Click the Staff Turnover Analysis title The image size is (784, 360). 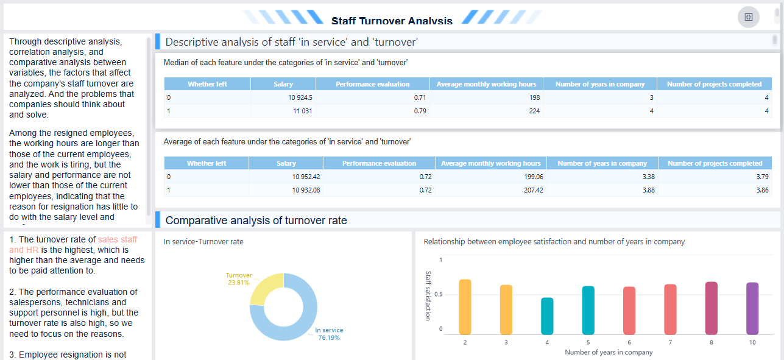(392, 21)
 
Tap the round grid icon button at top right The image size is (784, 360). (748, 17)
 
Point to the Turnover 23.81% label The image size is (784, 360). (238, 279)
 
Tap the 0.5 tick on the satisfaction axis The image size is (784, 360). (440, 295)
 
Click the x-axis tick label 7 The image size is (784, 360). (670, 342)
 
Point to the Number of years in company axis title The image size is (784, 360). (608, 352)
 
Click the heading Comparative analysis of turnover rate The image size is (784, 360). (256, 221)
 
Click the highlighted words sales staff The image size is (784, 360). (118, 240)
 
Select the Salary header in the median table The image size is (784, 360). (283, 84)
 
